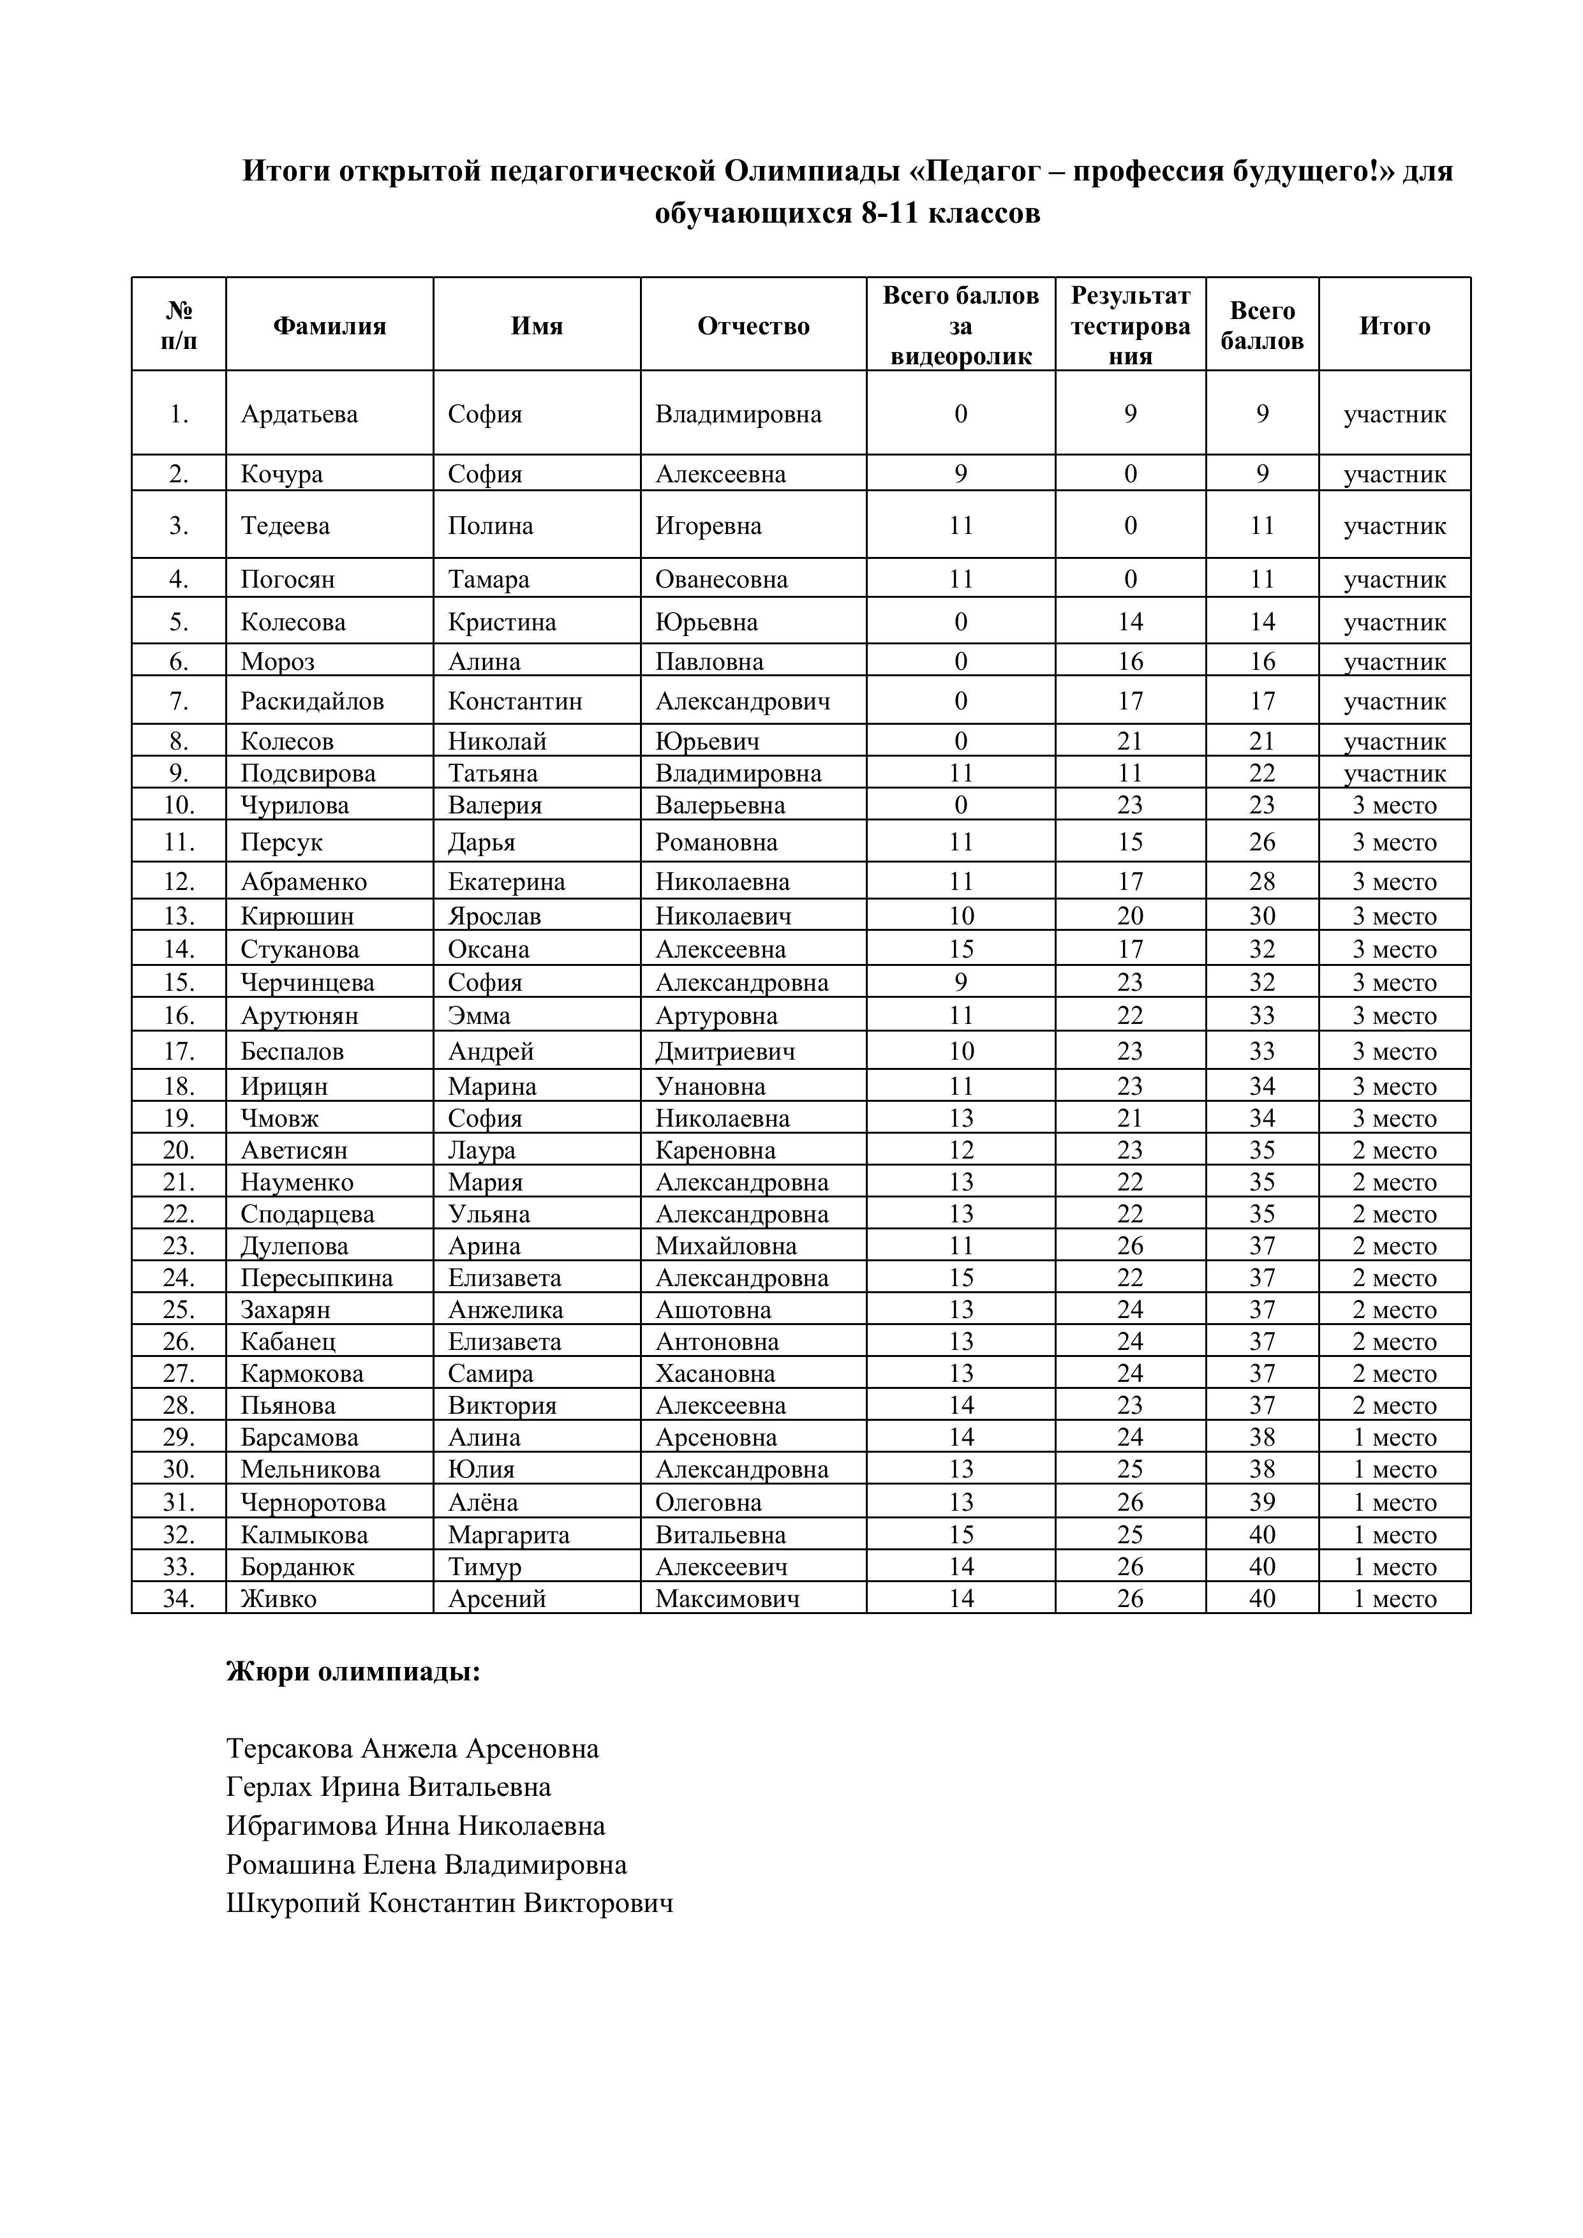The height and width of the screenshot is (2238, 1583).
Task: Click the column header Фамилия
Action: (329, 325)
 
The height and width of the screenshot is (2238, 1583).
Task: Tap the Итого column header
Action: (1394, 325)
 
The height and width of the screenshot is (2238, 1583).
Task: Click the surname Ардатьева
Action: (299, 414)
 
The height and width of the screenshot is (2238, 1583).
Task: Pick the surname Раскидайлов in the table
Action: (312, 701)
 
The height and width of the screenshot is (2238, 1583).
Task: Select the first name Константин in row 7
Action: (515, 701)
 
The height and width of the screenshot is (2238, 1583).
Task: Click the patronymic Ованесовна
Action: (722, 579)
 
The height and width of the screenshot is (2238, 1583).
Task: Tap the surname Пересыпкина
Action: (317, 1278)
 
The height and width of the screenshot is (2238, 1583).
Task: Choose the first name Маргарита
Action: (509, 1535)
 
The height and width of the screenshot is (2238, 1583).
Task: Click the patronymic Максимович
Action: (727, 1599)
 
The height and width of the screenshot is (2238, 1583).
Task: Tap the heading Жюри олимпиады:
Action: (353, 1673)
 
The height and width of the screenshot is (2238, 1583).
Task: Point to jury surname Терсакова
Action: (290, 1750)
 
